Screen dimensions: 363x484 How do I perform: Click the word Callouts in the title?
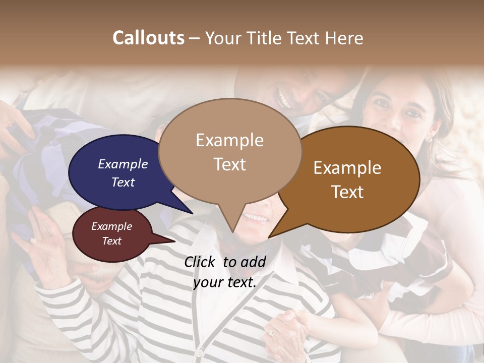148,38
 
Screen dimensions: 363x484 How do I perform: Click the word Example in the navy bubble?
123,164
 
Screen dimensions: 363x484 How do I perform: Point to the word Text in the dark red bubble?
112,241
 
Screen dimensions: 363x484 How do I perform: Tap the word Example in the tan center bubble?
229,140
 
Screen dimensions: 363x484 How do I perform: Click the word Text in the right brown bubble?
348,192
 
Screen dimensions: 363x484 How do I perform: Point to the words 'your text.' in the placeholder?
225,282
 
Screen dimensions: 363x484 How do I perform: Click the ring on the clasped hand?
273,333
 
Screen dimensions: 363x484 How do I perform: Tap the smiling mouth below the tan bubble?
257,218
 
